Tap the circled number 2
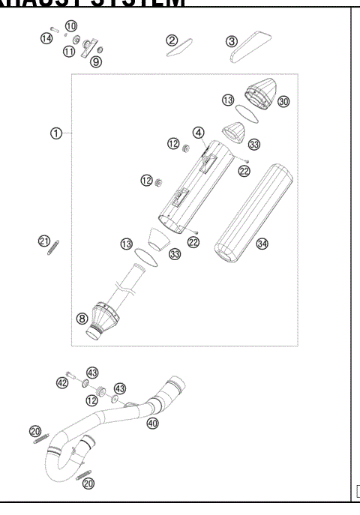coord(172,40)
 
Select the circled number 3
coord(232,40)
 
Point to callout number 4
coord(198,133)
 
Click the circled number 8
coord(82,318)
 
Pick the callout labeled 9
coord(96,61)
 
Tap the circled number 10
coord(71,26)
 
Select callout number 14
coord(46,38)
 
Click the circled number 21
coord(44,241)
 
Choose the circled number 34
coord(262,244)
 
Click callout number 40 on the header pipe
coord(153,424)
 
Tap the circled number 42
coord(61,382)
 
